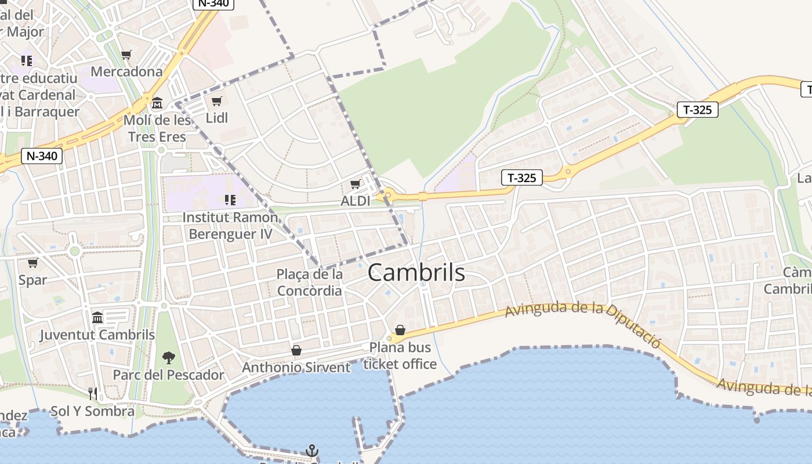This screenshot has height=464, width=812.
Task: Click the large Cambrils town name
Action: [416, 272]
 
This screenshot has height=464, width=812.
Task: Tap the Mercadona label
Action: [126, 72]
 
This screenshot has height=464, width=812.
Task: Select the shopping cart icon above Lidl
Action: [216, 101]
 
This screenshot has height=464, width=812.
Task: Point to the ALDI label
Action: [356, 201]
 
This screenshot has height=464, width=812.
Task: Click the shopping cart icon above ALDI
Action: [355, 184]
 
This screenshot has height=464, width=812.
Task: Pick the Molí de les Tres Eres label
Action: [157, 129]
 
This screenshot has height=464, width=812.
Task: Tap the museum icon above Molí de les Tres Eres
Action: [157, 104]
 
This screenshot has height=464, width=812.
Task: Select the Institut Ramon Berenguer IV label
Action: [230, 226]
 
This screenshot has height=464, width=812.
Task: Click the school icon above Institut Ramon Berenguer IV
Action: [230, 200]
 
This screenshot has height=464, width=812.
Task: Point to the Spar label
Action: [32, 280]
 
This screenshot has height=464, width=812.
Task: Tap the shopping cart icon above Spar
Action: [32, 263]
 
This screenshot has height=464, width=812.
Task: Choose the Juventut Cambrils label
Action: [97, 335]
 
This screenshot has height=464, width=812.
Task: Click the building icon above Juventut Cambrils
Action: [97, 317]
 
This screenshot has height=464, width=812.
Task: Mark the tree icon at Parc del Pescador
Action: [169, 357]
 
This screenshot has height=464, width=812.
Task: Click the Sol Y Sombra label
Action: [92, 411]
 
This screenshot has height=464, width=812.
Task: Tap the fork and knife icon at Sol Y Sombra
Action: [93, 394]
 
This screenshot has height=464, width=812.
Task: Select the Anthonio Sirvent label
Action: [296, 367]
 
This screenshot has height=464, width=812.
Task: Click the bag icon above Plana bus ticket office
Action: [400, 330]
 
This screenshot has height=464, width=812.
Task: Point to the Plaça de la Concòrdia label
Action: [310, 282]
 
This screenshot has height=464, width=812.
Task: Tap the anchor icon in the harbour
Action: [312, 450]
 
